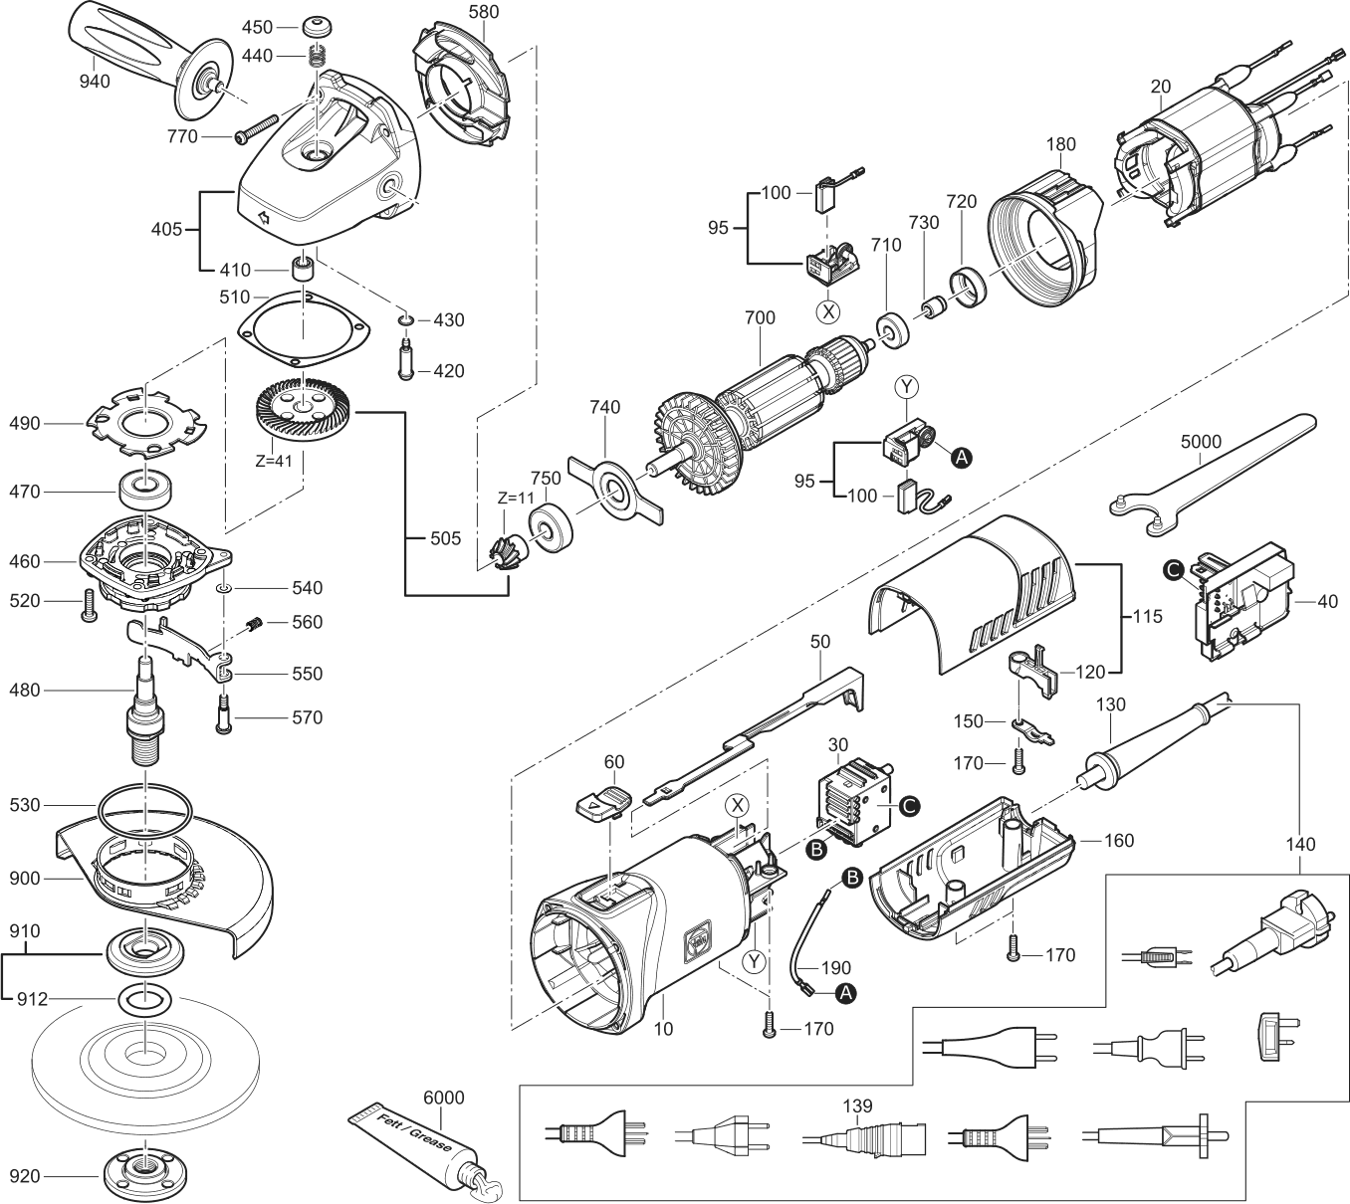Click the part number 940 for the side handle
94,82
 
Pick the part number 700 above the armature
760,318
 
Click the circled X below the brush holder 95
828,311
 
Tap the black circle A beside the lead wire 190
846,994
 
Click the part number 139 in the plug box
857,1106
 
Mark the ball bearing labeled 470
146,491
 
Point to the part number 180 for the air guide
1061,144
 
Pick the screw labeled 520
89,605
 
